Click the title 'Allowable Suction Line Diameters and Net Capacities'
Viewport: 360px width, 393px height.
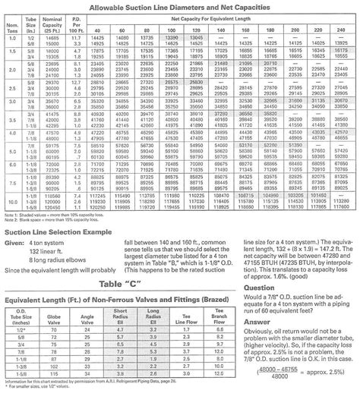pos(180,6)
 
